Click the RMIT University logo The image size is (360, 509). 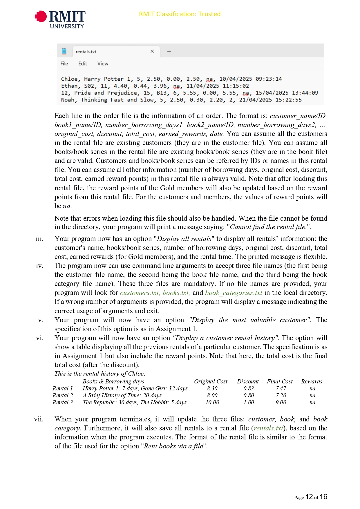60,19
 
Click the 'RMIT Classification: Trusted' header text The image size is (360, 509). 180,14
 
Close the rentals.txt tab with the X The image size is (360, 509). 152,51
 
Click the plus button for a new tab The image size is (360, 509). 169,52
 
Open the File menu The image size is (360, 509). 64,64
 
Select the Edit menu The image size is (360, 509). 82,64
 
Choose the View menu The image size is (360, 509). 103,64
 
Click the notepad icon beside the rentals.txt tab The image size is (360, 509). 64,51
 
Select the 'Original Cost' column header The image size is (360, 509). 211,381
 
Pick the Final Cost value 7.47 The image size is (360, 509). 281,388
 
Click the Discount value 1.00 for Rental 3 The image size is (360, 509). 249,402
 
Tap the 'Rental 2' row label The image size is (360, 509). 63,395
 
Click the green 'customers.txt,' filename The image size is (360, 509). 140,293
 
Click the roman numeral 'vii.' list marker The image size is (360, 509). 39,419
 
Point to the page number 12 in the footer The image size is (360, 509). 309,497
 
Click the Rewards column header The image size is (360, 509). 312,381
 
